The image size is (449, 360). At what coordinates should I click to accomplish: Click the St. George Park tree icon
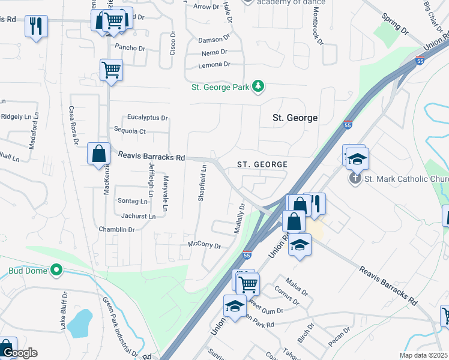tap(258, 87)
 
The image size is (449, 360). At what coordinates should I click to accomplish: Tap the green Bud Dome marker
tap(57, 271)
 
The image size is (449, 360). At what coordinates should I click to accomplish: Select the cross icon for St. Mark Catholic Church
tap(355, 179)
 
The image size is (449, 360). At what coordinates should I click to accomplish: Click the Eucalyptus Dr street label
tap(148, 118)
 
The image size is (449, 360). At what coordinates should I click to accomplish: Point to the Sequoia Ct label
tap(130, 131)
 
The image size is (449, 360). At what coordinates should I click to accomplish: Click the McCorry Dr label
tap(205, 245)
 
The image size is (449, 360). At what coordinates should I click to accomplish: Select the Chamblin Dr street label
tap(116, 230)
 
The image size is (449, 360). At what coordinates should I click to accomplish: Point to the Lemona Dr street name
tap(214, 64)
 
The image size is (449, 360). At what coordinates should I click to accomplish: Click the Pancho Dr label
tap(130, 48)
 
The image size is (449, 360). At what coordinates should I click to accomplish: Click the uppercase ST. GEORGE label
tap(262, 164)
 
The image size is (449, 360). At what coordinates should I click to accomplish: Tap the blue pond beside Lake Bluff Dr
tap(79, 324)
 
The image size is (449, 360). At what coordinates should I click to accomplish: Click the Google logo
tap(19, 353)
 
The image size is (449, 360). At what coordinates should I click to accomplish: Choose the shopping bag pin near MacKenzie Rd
tap(98, 154)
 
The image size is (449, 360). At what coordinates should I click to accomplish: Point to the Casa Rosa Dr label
tap(73, 125)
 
